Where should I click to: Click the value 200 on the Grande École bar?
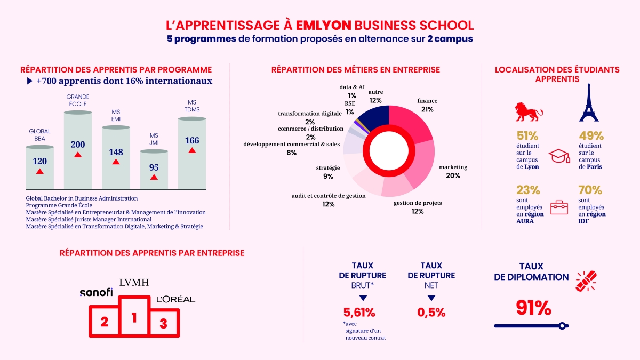coord(78,145)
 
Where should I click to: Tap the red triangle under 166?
coord(192,151)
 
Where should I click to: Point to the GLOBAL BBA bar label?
coord(39,135)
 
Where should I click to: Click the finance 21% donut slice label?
coord(427,105)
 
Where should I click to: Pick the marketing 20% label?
coord(453,171)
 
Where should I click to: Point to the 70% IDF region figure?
coord(590,190)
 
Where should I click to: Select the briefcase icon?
coord(559,207)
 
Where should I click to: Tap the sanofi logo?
coord(96,292)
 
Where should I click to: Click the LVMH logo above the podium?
coord(134,283)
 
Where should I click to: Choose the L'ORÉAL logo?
coord(175,299)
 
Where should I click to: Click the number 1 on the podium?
coord(134,318)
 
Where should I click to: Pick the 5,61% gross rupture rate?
coord(358,313)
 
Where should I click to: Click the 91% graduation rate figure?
coord(533,308)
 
